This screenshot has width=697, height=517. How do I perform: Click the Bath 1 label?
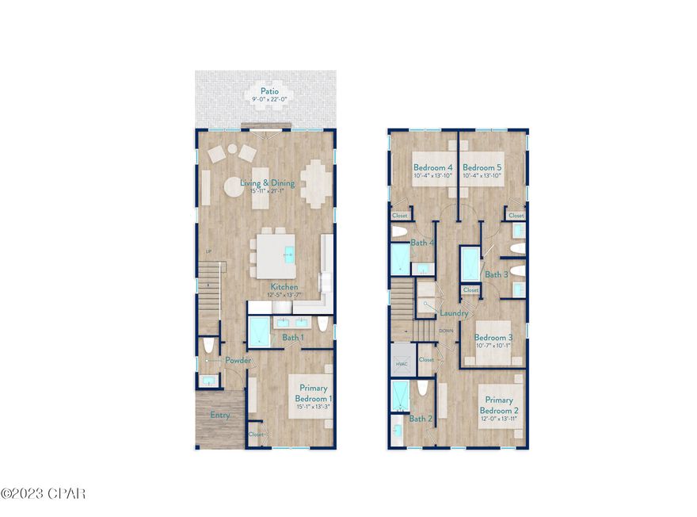pyautogui.click(x=293, y=338)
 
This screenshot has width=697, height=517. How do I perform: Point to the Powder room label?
pyautogui.click(x=238, y=361)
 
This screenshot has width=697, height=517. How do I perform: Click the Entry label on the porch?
pyautogui.click(x=220, y=415)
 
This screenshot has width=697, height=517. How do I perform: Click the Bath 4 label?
pyautogui.click(x=421, y=243)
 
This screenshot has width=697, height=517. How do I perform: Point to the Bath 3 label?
pyautogui.click(x=497, y=274)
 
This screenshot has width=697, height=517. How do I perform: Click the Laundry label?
pyautogui.click(x=443, y=313)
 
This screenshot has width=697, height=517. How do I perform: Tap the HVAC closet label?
pyautogui.click(x=400, y=364)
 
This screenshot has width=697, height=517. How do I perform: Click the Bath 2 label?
pyautogui.click(x=419, y=418)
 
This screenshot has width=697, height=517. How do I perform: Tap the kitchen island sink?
pyautogui.click(x=289, y=255)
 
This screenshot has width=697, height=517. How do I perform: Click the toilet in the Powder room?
pyautogui.click(x=208, y=346)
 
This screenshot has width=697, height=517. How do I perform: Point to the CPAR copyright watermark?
pyautogui.click(x=44, y=494)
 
